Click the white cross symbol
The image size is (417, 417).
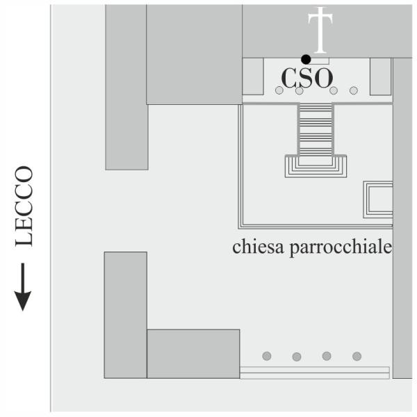(x=320, y=30)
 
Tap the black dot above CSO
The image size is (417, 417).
(x=306, y=59)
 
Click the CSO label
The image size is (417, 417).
(x=307, y=77)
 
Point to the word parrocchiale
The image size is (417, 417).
(x=341, y=247)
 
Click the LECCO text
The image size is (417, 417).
(x=24, y=206)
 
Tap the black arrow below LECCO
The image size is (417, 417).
(x=23, y=287)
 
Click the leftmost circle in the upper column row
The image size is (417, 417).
(x=279, y=90)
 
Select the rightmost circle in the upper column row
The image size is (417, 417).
(x=354, y=90)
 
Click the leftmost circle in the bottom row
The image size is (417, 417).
(x=267, y=356)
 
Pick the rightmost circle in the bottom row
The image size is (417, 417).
(x=357, y=356)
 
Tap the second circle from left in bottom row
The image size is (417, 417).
(x=297, y=357)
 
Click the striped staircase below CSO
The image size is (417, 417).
(x=316, y=129)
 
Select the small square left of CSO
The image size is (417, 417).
(x=253, y=76)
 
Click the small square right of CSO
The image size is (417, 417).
(x=381, y=76)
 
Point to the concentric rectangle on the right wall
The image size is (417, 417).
(x=379, y=199)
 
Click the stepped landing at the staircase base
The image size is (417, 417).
(x=316, y=166)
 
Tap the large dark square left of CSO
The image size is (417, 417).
(x=195, y=54)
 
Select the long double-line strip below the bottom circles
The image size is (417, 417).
(x=315, y=373)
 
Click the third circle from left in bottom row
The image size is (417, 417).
(x=327, y=356)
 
